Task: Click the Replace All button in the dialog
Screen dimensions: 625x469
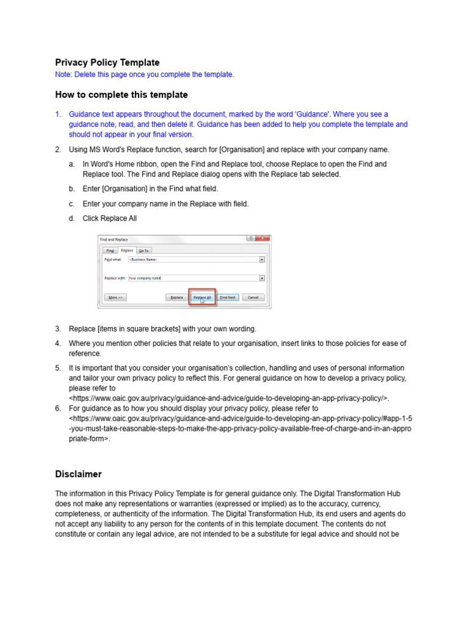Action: pyautogui.click(x=202, y=297)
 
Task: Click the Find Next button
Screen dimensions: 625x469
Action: pyautogui.click(x=228, y=297)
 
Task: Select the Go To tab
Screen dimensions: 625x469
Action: pyautogui.click(x=144, y=250)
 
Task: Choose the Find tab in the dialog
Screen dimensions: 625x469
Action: pyautogui.click(x=110, y=250)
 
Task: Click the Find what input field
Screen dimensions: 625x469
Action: pyautogui.click(x=192, y=259)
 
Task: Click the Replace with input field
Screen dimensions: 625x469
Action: pyautogui.click(x=192, y=278)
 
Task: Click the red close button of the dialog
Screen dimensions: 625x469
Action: pyautogui.click(x=263, y=239)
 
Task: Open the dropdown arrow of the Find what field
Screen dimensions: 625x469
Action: pyautogui.click(x=262, y=259)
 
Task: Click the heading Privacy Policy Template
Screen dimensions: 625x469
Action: pyautogui.click(x=107, y=62)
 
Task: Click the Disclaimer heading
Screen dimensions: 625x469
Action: pyautogui.click(x=78, y=474)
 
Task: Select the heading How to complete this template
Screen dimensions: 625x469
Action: pyautogui.click(x=122, y=95)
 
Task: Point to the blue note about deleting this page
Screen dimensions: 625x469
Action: pyautogui.click(x=144, y=74)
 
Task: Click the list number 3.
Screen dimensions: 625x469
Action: pyautogui.click(x=58, y=329)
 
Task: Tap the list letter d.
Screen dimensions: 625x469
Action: pyautogui.click(x=71, y=219)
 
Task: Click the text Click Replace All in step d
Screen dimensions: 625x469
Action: pyautogui.click(x=110, y=219)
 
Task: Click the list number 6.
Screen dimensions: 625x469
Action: pyautogui.click(x=58, y=408)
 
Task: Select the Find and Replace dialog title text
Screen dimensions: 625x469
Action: pyautogui.click(x=114, y=239)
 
